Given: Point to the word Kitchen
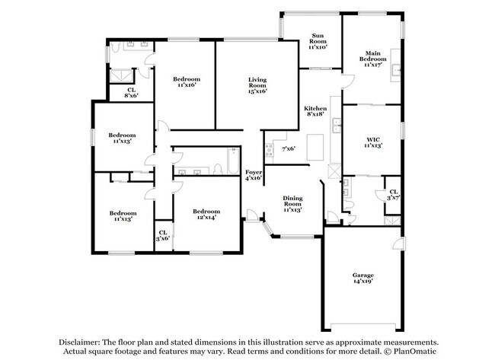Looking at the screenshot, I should (x=315, y=109).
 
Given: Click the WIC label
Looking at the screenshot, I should (x=373, y=139).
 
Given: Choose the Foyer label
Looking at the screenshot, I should (x=254, y=174).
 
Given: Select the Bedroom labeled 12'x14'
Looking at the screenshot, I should (x=206, y=212).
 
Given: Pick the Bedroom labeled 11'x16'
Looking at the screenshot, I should (x=186, y=80).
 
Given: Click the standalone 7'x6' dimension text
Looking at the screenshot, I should (x=289, y=149).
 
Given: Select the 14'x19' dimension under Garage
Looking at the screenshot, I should (x=362, y=282).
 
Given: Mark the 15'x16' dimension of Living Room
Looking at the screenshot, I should (x=257, y=92).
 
